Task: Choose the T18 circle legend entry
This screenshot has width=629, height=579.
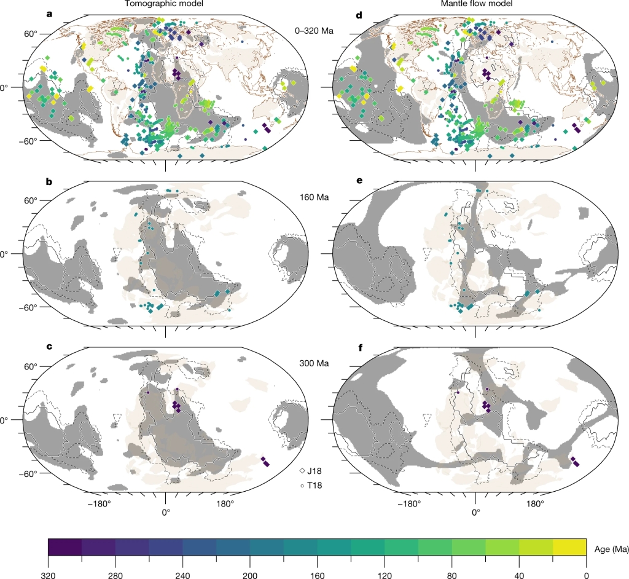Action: pos(311,486)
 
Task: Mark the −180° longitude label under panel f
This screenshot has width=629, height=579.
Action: pos(410,505)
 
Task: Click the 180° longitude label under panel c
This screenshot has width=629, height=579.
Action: pos(224,505)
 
